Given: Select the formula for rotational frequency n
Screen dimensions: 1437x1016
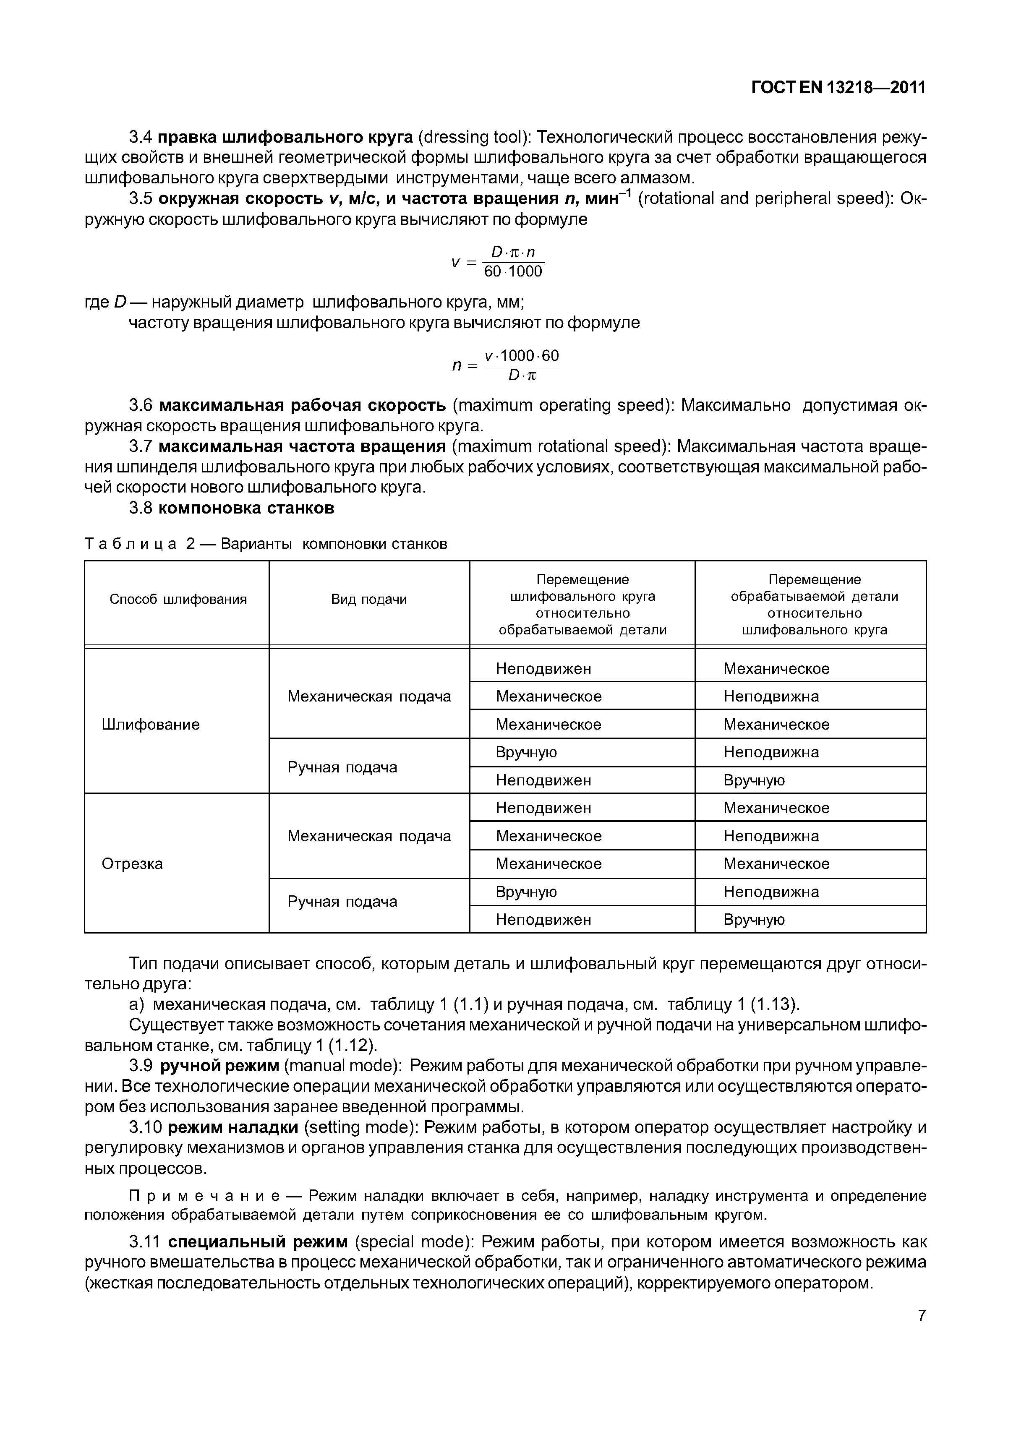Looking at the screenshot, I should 506,365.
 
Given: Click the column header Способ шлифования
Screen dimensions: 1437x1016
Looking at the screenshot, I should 178,600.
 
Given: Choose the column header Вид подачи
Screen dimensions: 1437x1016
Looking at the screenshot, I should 369,600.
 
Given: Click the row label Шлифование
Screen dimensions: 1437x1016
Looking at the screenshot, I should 150,724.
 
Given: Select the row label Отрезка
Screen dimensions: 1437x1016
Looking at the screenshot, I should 132,864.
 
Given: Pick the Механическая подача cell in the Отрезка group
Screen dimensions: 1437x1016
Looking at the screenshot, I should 369,836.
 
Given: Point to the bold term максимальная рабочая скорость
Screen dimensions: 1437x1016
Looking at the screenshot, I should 302,406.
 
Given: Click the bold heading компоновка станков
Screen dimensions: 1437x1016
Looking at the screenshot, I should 246,508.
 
